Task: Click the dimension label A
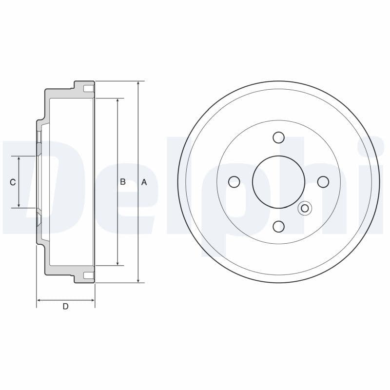coord(144,182)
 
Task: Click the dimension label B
coord(123,182)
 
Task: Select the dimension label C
coord(13,182)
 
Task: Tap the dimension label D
coord(65,306)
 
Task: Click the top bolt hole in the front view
coord(278,137)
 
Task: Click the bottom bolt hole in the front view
coord(278,226)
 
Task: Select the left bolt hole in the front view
coord(234,182)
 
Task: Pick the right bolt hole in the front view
coord(323,182)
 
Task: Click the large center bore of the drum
coord(278,182)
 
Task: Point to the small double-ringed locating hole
coord(305,209)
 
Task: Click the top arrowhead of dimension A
coord(138,84)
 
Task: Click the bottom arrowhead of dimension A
coord(138,280)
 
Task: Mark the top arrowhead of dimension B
coord(117,101)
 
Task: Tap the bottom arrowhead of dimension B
coord(117,263)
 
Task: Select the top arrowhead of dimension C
coord(19,159)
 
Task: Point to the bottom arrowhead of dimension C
coord(19,205)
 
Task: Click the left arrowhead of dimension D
coord(39,300)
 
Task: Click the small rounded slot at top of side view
coord(88,89)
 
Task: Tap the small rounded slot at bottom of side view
coord(88,275)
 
